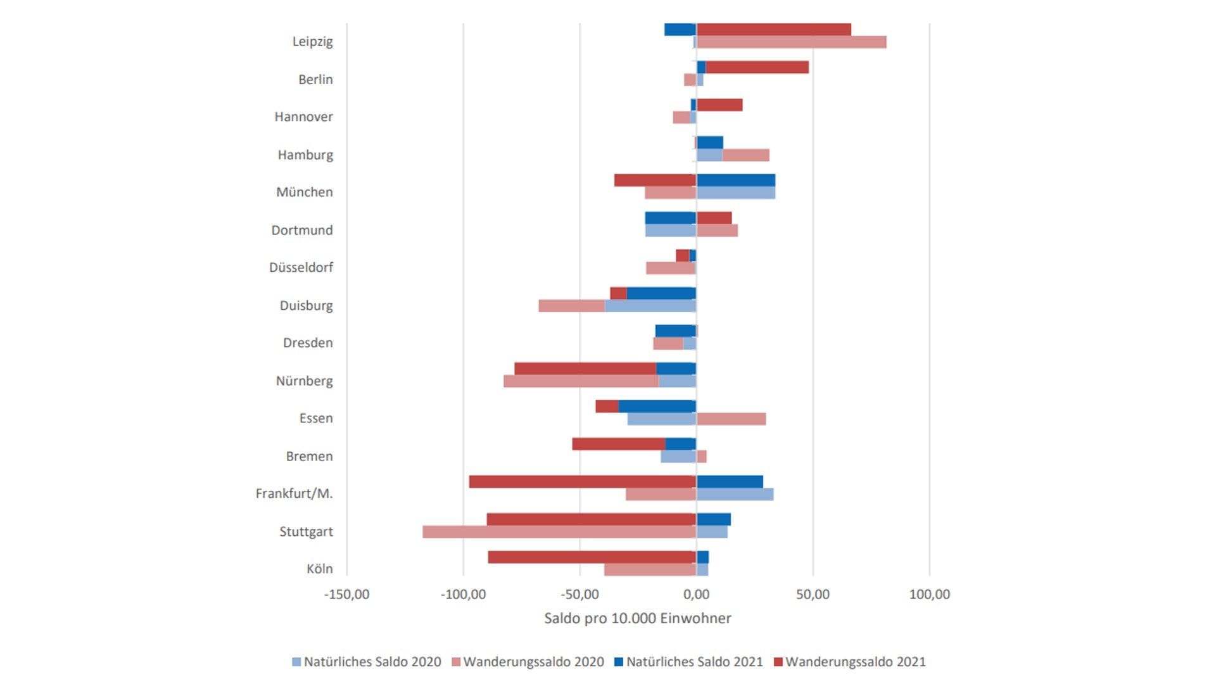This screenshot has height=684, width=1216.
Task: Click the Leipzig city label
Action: (312, 42)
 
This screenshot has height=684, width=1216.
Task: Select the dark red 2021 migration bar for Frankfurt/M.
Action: (582, 482)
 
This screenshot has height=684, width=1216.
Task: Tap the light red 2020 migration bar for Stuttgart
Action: (559, 532)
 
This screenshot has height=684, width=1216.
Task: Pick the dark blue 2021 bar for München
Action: (735, 180)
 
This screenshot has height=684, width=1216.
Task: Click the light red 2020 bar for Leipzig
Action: (791, 42)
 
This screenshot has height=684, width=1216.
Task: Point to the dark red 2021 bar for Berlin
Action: (757, 67)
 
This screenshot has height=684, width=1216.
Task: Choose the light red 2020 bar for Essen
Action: (731, 419)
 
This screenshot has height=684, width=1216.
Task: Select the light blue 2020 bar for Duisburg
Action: (650, 306)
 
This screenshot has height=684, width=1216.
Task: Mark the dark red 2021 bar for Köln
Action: (592, 557)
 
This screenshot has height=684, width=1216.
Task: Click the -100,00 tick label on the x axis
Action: (463, 595)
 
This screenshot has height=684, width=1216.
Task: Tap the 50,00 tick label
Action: (813, 595)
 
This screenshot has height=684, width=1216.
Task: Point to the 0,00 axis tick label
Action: (697, 595)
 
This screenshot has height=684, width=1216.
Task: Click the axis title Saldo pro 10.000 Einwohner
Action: (637, 619)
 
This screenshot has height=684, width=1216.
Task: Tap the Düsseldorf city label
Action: (301, 268)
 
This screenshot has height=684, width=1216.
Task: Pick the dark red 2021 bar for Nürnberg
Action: (585, 369)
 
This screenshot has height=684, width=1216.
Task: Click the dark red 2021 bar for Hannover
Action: (719, 105)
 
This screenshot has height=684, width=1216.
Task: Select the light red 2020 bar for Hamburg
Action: (746, 155)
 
